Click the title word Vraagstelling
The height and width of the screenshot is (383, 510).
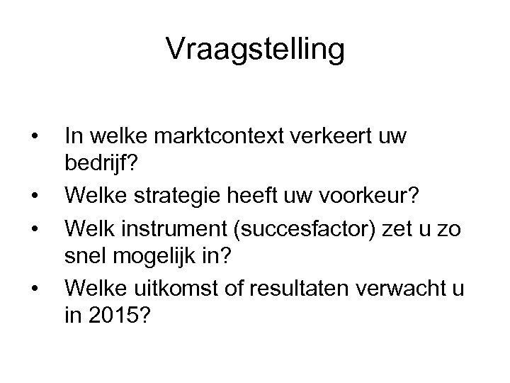255,50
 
